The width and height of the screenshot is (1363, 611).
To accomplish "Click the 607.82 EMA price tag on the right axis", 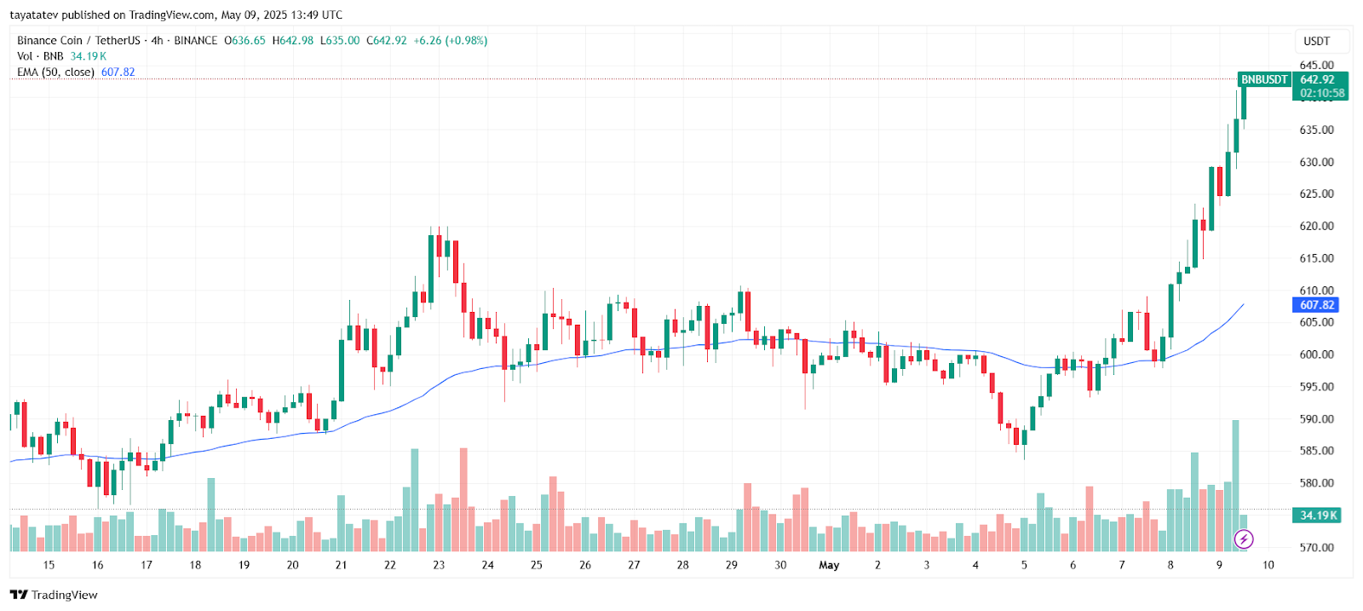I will point(1316,305).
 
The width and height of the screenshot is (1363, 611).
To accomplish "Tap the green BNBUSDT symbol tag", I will point(1264,79).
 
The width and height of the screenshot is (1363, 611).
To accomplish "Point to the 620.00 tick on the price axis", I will point(1316,227).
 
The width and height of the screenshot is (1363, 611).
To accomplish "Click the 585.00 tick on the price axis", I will point(1316,451).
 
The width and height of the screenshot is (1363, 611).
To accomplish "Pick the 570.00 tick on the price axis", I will point(1316,548).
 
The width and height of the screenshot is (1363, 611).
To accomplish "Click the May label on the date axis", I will point(829,565).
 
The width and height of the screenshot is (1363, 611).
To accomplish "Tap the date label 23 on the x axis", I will point(439,565).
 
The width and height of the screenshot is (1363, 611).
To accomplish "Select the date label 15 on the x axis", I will point(49,565).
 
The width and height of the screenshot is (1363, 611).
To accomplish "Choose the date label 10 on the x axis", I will point(1268,565).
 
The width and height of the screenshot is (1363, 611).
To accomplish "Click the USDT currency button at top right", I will point(1316,41).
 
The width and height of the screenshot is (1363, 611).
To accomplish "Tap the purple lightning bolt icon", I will point(1244,539).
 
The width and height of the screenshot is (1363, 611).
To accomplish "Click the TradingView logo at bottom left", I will point(54,595).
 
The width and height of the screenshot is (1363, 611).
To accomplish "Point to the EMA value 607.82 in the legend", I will point(118,72).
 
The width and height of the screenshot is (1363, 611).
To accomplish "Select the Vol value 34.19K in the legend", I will point(89,56).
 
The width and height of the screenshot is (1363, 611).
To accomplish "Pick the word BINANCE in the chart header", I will point(195,41).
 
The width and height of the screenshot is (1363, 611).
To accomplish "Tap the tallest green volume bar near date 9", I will point(1235,477).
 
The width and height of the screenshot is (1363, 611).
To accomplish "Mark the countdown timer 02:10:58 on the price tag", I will point(1322,93).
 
